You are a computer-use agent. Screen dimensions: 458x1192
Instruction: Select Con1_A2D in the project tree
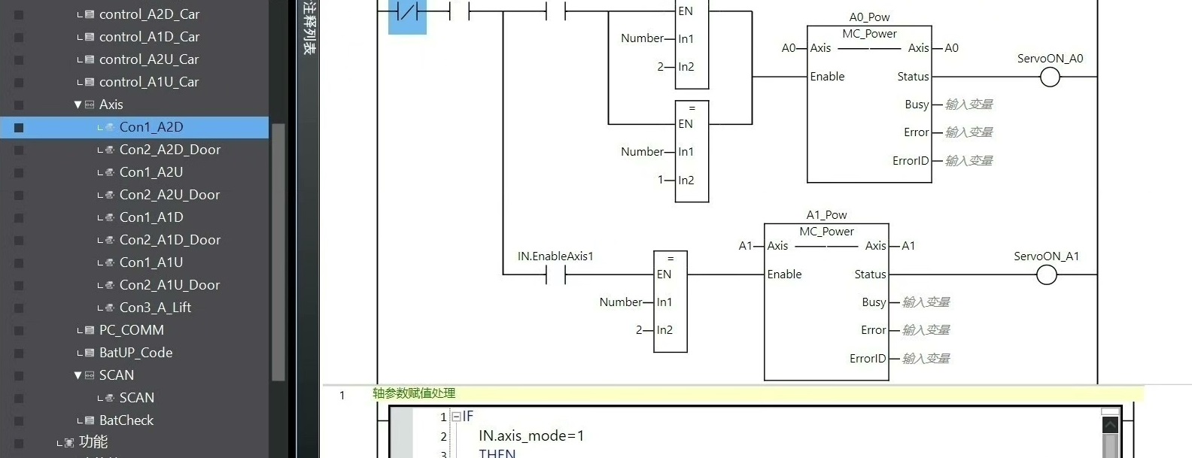pos(151,127)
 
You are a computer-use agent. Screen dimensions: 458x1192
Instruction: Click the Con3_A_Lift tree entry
pos(155,308)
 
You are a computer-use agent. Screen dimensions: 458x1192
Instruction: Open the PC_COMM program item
pos(131,330)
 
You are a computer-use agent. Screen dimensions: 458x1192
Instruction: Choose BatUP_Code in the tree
pos(135,353)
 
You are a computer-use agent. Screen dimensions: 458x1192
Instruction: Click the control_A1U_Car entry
pos(149,82)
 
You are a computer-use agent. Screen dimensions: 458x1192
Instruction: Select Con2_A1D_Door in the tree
pos(169,240)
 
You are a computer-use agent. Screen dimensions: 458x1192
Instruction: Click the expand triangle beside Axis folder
pos(78,105)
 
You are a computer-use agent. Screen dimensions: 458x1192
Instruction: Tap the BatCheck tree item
pos(126,420)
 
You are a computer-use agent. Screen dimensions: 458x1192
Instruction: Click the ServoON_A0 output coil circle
pos(1050,77)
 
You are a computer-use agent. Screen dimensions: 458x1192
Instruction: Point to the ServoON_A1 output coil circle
pos(1047,275)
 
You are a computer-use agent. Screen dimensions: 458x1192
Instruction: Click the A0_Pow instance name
pos(869,17)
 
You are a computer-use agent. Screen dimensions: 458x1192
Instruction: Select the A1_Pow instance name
pos(826,215)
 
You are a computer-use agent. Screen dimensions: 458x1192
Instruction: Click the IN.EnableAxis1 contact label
pos(555,256)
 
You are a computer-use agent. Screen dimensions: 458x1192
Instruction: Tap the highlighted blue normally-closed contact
pos(407,13)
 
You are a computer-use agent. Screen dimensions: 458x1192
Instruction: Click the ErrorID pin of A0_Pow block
pos(910,161)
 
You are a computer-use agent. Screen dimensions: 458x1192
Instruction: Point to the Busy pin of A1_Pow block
pos(873,302)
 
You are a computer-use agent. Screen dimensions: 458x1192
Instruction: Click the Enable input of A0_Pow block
pos(827,77)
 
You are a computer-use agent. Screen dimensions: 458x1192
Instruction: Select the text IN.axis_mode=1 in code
pos(531,436)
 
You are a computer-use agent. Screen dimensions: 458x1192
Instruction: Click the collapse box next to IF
pos(456,417)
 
